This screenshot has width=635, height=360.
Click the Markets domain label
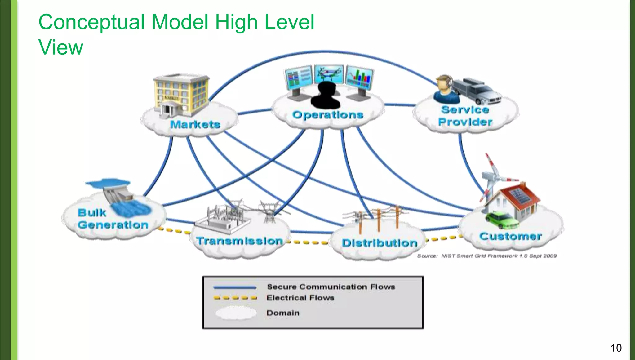point(195,125)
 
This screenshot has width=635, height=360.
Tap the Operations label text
point(328,115)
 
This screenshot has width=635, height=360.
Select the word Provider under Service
point(465,122)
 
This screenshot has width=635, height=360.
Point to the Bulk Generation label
point(113,219)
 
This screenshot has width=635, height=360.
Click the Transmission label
point(240,241)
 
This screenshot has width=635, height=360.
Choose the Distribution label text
point(380,243)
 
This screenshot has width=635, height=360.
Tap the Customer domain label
point(510,236)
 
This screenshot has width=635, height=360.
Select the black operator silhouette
point(326,95)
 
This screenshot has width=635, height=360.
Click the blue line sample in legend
point(235,287)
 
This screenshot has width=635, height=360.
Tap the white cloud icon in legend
point(236,313)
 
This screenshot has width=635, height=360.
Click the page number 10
point(616,348)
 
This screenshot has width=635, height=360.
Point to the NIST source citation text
point(486,256)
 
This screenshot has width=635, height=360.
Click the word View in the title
point(61,47)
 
